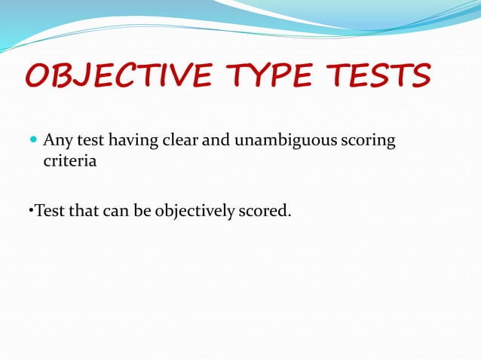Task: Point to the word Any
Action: pos(57,141)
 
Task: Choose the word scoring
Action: pos(369,142)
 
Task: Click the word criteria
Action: pos(69,161)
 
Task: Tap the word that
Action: pos(83,210)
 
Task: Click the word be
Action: pos(143,210)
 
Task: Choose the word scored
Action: pos(264,210)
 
